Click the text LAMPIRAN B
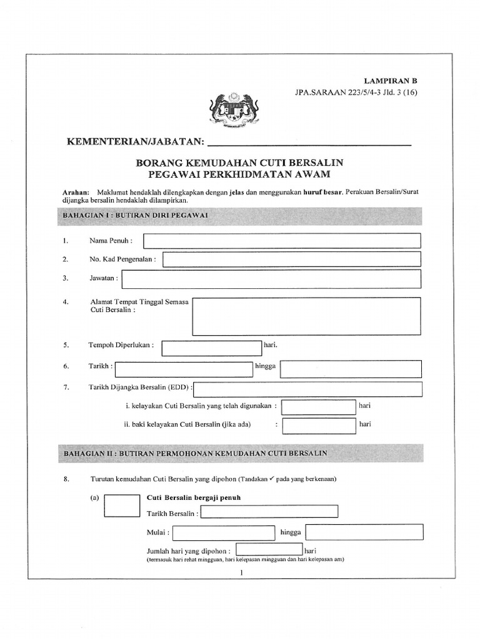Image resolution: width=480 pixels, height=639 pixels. [391, 81]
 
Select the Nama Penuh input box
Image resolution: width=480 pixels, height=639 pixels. [282, 241]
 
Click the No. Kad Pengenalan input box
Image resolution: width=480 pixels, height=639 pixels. [292, 260]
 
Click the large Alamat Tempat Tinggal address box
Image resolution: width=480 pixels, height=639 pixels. [306, 316]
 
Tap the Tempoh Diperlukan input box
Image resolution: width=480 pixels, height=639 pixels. [211, 348]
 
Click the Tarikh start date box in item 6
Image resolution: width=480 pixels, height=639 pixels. [184, 369]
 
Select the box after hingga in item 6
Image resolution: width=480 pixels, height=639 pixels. [351, 369]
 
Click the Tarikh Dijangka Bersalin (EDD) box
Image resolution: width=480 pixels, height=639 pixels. [309, 389]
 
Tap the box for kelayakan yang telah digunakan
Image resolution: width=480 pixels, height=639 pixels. [318, 407]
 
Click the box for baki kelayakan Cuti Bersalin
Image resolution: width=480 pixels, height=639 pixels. [318, 426]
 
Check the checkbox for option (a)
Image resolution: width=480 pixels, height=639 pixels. [122, 505]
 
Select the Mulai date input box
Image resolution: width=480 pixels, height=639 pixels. [224, 533]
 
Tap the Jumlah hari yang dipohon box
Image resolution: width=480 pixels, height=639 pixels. [269, 550]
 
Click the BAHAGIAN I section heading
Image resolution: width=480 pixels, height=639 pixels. [135, 215]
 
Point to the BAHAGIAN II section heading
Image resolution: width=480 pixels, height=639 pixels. [194, 452]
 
